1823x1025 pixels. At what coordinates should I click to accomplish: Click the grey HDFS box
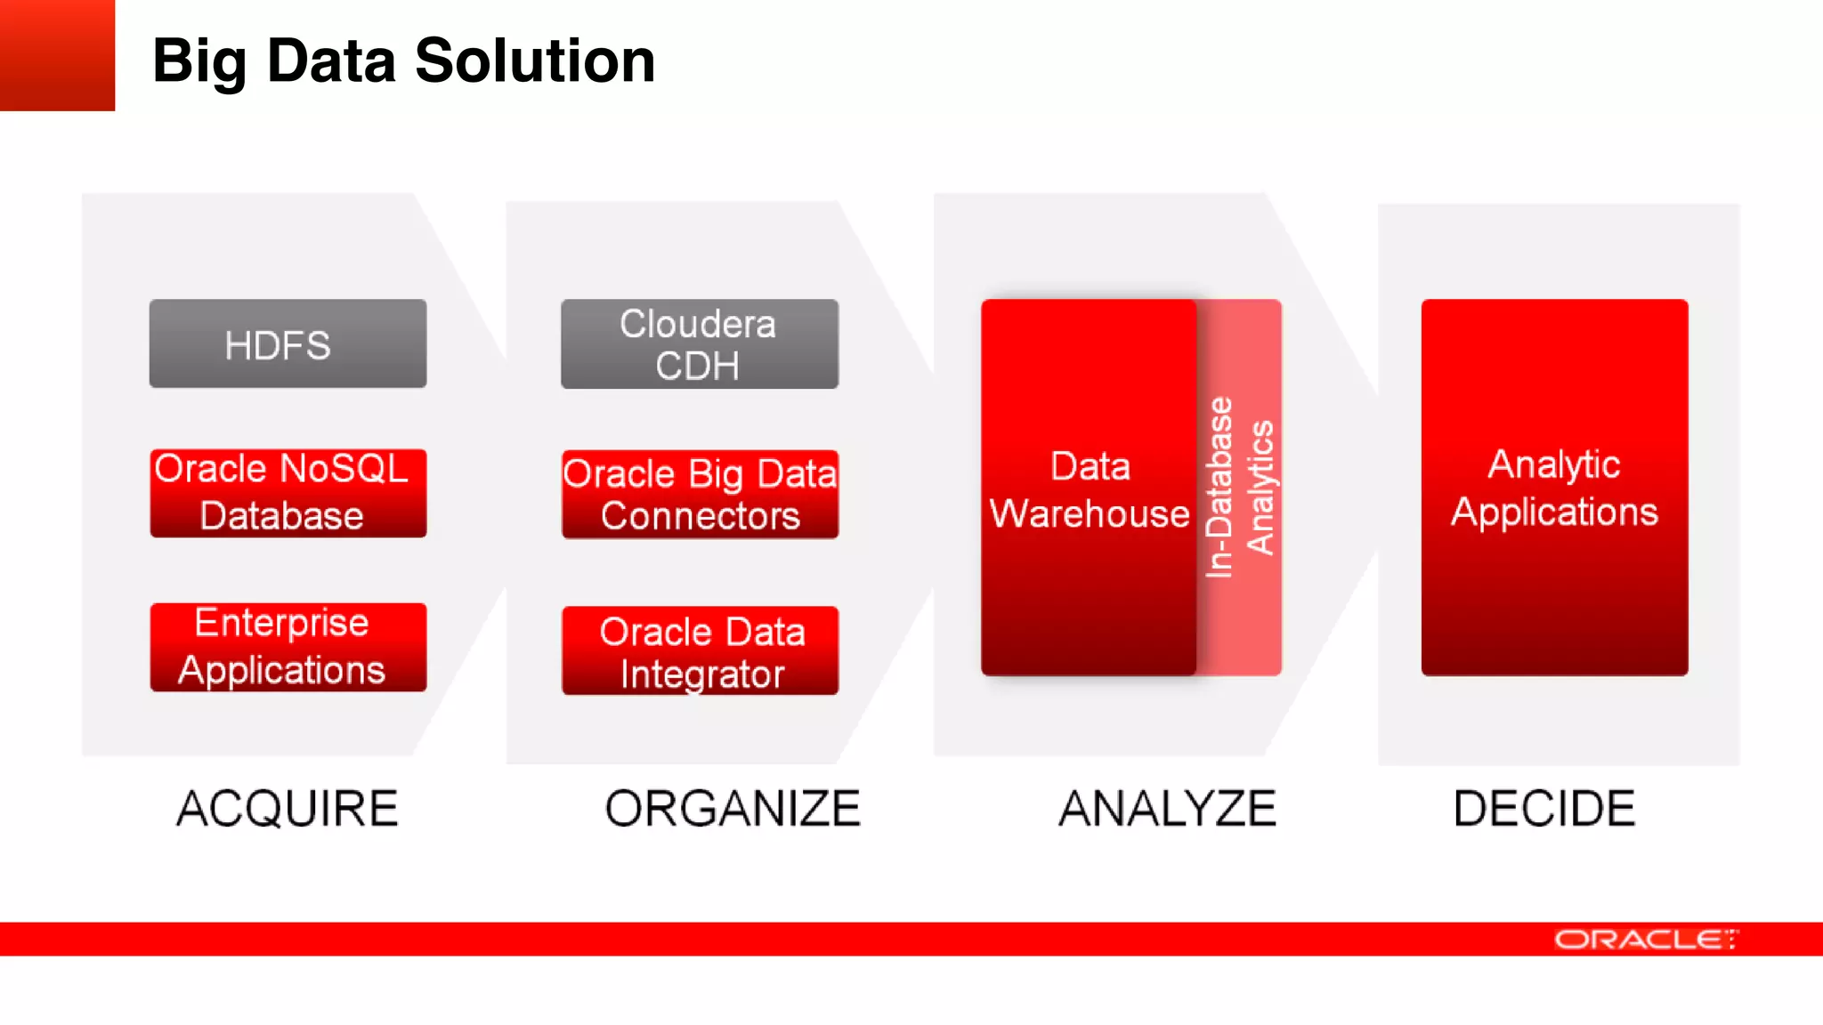288,343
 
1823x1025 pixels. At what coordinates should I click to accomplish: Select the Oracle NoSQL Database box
288,493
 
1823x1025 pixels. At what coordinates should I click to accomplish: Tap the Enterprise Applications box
288,647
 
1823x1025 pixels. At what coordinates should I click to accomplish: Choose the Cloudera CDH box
699,344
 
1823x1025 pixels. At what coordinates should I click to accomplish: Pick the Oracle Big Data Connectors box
700,495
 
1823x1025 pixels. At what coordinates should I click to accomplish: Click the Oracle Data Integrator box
700,650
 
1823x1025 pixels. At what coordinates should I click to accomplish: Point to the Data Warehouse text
1090,489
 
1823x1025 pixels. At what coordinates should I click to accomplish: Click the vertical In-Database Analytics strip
1240,488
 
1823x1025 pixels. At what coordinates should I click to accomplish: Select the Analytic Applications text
1554,488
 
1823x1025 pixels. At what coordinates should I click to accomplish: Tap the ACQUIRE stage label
288,808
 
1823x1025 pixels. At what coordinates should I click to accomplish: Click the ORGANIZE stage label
733,808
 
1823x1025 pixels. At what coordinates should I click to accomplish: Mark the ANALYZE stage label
1167,808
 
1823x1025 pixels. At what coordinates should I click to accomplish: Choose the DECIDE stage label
1544,808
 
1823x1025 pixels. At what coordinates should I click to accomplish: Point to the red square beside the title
57,55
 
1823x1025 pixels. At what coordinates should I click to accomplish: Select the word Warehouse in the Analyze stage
1090,513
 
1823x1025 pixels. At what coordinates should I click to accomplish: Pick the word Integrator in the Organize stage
702,674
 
